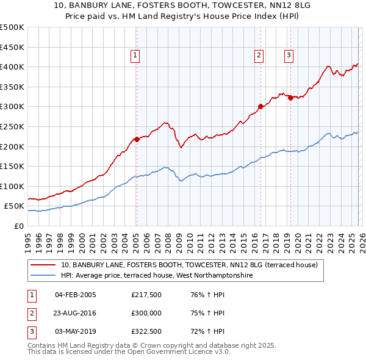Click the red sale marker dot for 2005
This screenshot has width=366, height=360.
pos(137,139)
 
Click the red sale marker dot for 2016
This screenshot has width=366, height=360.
pos(260,106)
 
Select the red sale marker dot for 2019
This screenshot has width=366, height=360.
pos(290,98)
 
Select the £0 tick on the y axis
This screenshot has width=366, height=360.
pos(19,226)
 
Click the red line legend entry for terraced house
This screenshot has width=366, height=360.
pos(189,265)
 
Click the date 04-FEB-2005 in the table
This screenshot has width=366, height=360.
pos(75,295)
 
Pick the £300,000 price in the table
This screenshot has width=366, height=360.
pos(146,313)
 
